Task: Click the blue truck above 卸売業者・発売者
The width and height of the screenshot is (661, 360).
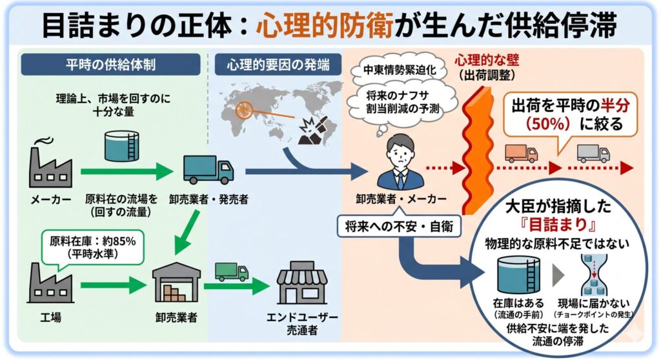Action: click(208, 170)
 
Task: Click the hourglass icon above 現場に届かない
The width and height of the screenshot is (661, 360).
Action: click(595, 275)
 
